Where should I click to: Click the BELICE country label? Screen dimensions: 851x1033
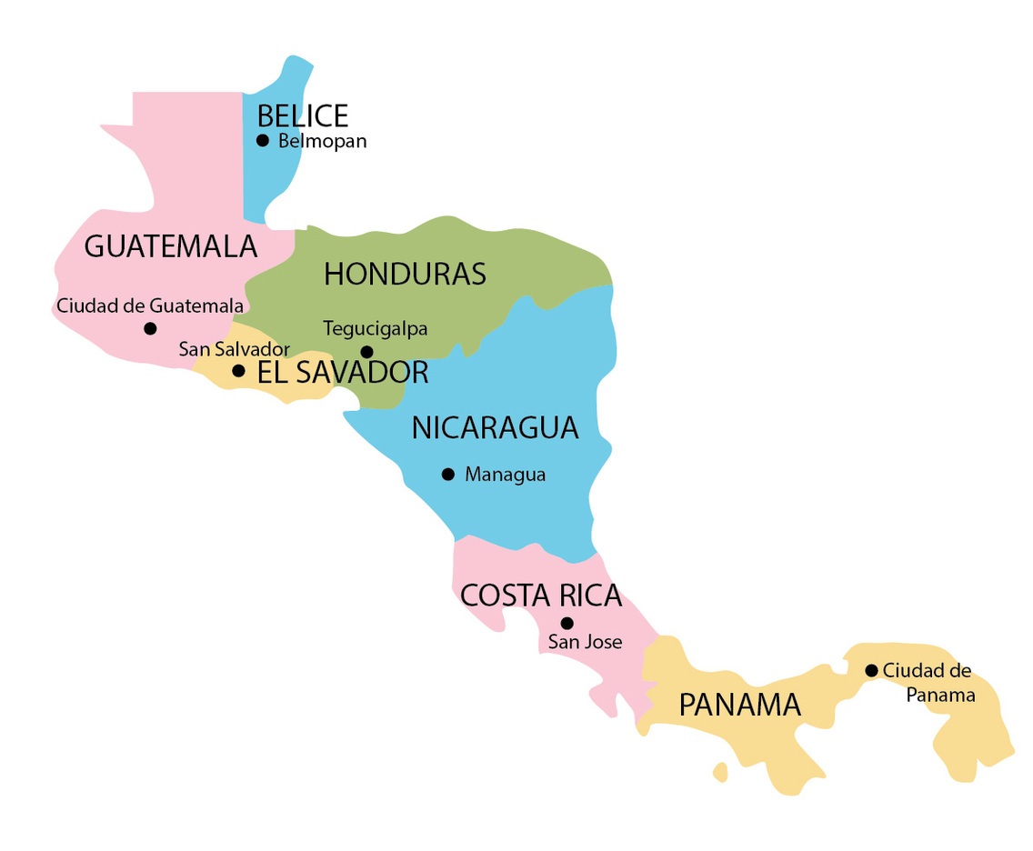(302, 116)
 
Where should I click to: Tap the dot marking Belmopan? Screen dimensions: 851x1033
(263, 140)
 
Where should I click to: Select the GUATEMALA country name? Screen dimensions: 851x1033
(171, 246)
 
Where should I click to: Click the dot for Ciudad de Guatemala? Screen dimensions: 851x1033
(150, 328)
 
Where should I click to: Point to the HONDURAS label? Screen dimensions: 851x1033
(405, 274)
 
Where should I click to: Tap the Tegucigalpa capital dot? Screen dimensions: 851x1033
(366, 352)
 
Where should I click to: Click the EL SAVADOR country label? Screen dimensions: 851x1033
(343, 373)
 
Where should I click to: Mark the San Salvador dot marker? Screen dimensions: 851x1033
(238, 371)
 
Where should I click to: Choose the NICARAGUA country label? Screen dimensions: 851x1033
(495, 428)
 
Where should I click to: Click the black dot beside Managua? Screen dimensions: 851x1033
(447, 474)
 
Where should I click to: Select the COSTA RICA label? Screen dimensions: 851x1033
(541, 596)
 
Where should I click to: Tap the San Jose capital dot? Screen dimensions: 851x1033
(567, 623)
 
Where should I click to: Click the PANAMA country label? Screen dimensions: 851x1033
(739, 705)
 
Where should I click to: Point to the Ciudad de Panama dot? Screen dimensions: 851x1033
(871, 670)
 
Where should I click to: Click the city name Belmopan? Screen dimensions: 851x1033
(322, 142)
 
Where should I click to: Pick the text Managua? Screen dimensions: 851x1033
(505, 475)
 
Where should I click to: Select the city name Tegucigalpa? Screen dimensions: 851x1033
(375, 328)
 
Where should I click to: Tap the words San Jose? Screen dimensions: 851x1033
(585, 642)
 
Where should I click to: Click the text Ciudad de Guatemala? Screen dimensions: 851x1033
(150, 305)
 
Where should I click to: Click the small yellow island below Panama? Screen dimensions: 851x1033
(721, 773)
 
